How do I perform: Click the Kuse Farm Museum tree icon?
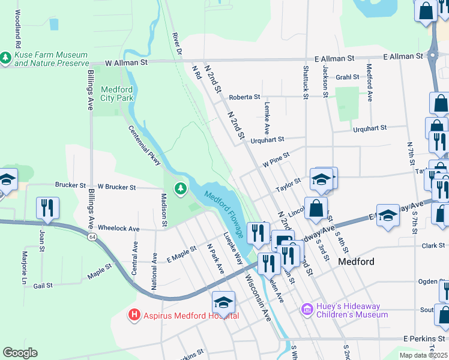6,58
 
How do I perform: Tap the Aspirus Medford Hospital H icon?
134,314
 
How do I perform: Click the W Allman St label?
126,62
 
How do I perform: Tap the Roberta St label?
244,97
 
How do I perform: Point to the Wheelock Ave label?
118,229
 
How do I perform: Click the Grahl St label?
347,77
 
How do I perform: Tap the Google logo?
20,353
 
